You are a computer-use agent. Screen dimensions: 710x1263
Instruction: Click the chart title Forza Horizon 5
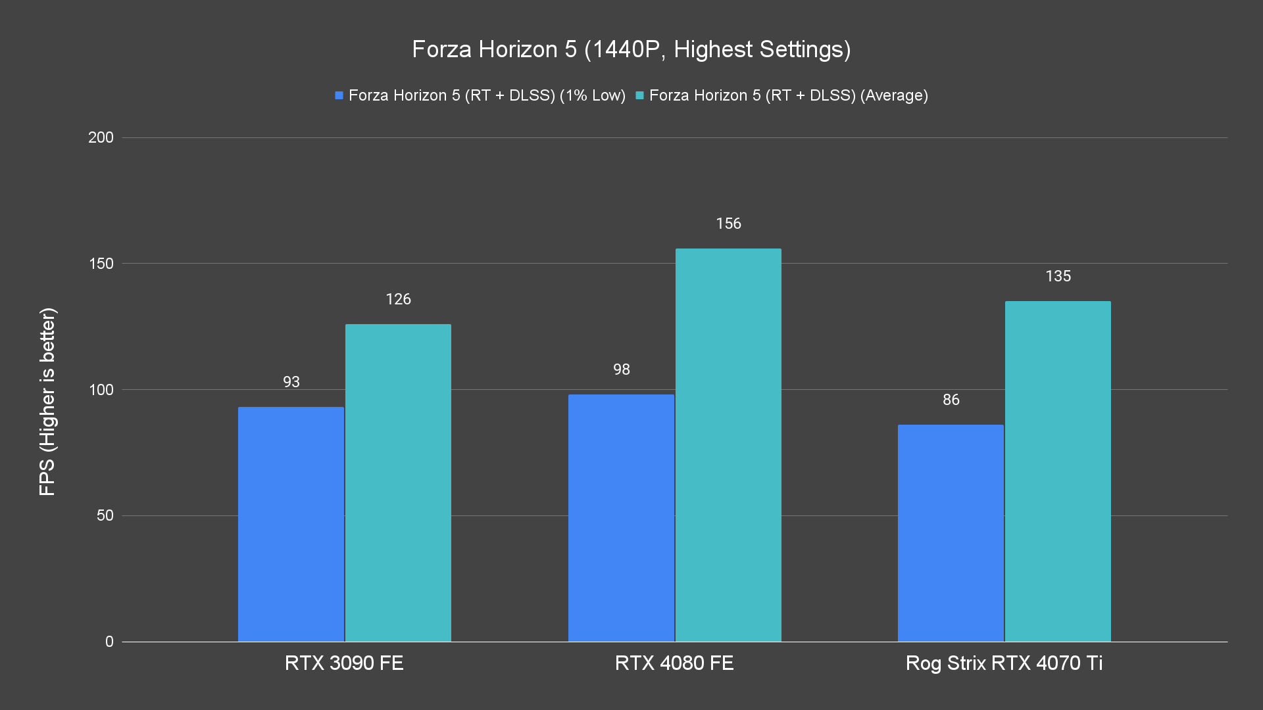pos(631,49)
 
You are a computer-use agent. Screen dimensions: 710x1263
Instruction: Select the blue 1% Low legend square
pos(339,95)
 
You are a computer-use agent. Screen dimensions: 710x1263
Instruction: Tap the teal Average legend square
pos(639,95)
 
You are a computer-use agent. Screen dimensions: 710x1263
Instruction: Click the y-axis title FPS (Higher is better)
pos(47,402)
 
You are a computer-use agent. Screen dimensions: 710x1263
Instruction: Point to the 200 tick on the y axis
pos(101,137)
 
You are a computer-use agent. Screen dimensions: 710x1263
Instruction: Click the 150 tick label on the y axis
pos(101,264)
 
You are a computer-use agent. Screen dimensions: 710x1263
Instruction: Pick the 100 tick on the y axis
pos(101,390)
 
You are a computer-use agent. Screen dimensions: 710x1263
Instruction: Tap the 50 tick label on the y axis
pos(105,515)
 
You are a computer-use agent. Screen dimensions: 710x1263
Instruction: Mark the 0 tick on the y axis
pos(109,642)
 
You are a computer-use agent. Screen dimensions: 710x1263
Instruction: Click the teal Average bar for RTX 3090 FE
pos(398,483)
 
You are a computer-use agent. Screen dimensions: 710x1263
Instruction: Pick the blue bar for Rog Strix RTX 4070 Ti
pos(951,533)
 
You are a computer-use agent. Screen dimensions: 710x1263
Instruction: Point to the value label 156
pos(728,224)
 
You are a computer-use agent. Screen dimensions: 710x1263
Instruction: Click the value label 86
pos(951,400)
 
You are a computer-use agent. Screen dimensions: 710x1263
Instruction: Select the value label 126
pos(398,299)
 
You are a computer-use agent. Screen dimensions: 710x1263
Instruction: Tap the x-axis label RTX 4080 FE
pos(674,663)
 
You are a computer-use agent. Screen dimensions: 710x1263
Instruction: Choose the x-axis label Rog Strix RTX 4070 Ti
pos(1004,663)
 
